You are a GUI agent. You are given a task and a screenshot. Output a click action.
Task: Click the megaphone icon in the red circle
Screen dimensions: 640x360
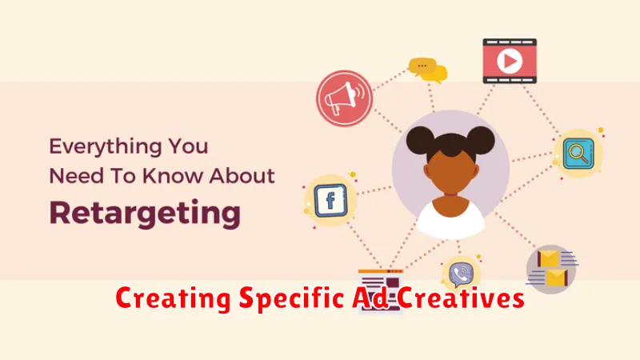(344, 98)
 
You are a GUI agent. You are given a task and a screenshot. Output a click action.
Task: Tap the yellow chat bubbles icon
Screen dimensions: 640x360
(428, 70)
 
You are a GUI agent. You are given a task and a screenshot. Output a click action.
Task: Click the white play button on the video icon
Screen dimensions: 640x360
(510, 62)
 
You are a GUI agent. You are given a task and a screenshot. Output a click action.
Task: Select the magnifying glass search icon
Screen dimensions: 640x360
(578, 154)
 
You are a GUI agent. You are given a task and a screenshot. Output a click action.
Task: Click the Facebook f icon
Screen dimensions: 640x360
(330, 200)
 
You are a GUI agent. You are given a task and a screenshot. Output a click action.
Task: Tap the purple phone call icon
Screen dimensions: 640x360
(462, 274)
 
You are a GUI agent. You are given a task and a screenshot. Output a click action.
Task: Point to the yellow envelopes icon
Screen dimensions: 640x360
(551, 269)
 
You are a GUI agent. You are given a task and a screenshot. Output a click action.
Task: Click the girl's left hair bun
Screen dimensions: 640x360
(420, 139)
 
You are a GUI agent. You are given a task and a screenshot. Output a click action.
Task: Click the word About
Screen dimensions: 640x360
(242, 176)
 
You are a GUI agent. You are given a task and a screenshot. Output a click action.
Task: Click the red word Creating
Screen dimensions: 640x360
(173, 298)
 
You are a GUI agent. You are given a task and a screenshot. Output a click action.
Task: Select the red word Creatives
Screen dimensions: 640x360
(461, 298)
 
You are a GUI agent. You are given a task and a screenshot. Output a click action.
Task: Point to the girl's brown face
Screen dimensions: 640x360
(450, 171)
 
